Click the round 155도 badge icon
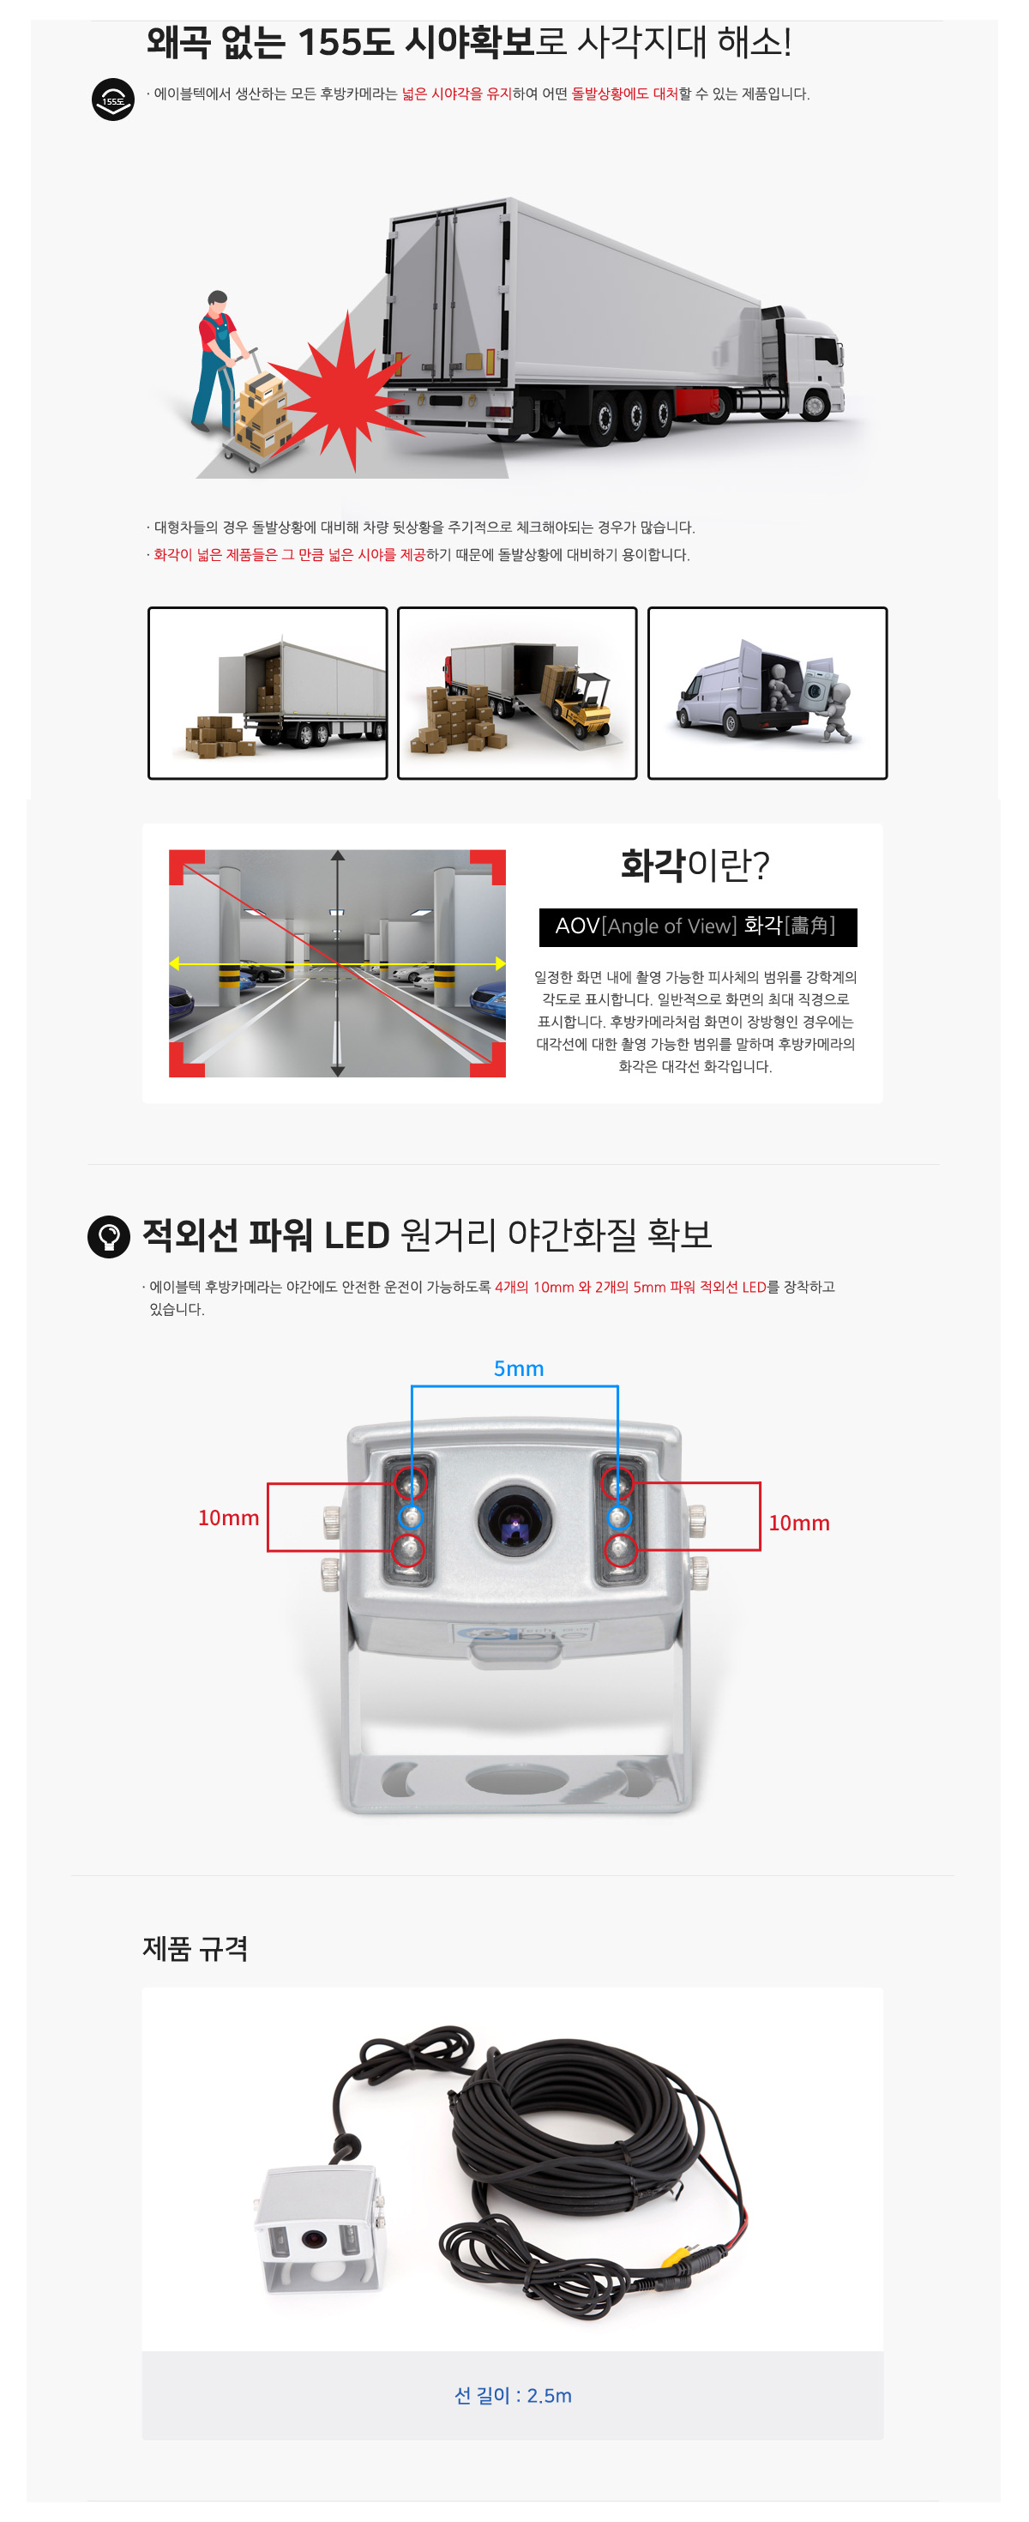[112, 100]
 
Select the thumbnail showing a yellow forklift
[517, 692]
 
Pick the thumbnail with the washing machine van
[767, 692]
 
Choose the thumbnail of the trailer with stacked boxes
[268, 692]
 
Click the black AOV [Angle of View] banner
[698, 926]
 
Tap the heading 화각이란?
[695, 865]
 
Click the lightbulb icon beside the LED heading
[109, 1235]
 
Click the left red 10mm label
[228, 1517]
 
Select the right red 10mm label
[799, 1523]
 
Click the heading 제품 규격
[195, 1948]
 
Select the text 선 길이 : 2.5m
[513, 2395]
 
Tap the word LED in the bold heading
[357, 1235]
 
